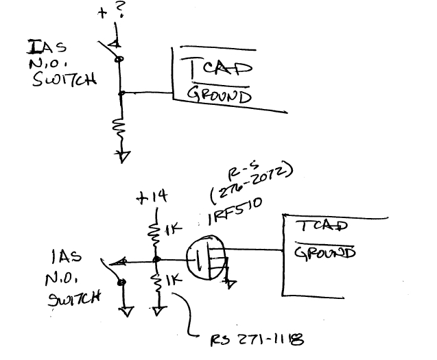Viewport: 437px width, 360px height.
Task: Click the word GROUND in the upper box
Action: click(x=219, y=96)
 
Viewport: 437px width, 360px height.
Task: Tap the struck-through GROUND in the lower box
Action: click(x=324, y=253)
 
